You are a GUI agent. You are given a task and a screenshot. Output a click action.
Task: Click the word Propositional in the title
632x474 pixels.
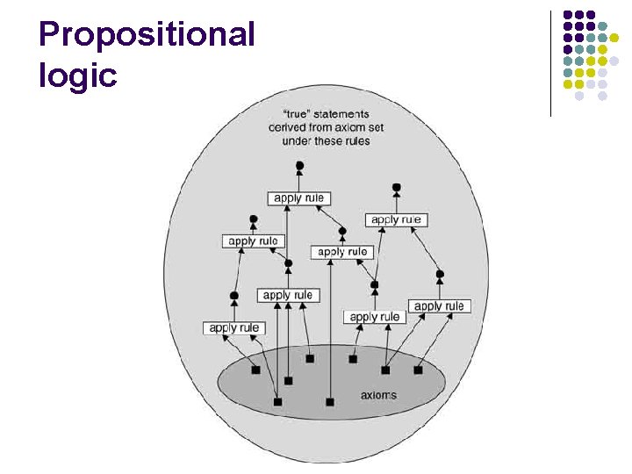click(x=147, y=35)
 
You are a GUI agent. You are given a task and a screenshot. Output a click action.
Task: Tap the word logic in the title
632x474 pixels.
click(x=77, y=75)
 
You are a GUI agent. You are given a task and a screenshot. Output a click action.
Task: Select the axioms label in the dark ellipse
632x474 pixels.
click(x=378, y=395)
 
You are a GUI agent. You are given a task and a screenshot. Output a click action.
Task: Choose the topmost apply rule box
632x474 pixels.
click(x=299, y=198)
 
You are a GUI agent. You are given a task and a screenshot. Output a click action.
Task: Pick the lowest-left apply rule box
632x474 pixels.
click(x=234, y=328)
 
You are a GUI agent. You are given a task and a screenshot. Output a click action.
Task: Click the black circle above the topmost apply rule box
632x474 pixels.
click(x=299, y=165)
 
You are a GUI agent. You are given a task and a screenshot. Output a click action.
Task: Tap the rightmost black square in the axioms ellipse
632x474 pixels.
click(x=418, y=370)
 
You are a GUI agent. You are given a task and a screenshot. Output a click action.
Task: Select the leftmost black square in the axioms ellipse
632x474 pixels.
click(x=255, y=370)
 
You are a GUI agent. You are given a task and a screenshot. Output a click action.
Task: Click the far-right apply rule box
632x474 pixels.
click(x=439, y=306)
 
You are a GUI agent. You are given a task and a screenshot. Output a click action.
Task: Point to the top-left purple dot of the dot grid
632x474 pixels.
click(x=568, y=15)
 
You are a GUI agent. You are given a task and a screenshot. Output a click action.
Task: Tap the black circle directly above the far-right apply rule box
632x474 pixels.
click(x=440, y=274)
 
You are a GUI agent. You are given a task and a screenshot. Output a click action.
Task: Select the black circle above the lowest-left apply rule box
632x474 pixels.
click(x=234, y=296)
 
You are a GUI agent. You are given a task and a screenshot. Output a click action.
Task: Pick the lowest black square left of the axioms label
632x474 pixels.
click(x=278, y=402)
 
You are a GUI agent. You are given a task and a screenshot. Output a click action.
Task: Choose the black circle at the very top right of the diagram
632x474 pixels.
click(x=397, y=187)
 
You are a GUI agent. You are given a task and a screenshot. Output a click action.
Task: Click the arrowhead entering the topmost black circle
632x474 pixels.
click(x=299, y=175)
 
